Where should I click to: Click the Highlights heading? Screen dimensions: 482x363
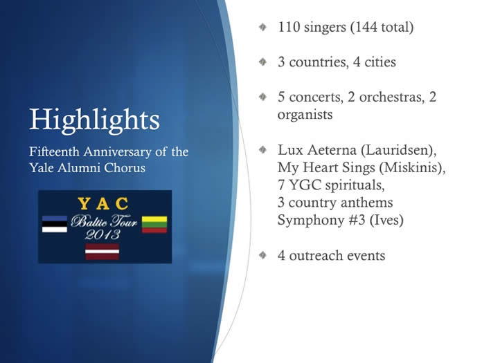(94, 120)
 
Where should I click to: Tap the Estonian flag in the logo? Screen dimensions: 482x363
(55, 224)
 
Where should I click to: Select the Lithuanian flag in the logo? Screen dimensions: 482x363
(154, 225)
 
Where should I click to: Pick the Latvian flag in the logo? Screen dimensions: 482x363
(102, 251)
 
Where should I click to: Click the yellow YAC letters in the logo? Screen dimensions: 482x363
(103, 204)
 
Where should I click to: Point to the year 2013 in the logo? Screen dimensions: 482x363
(102, 234)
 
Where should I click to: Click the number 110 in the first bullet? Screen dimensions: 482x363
(289, 27)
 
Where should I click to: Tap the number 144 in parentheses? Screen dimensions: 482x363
(366, 27)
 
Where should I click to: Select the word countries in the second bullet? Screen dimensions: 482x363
(319, 62)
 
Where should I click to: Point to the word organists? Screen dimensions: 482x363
(305, 115)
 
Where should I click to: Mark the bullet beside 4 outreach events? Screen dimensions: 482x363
(263, 255)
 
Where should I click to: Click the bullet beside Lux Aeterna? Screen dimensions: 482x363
(263, 150)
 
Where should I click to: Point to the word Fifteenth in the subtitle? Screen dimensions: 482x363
(55, 151)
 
